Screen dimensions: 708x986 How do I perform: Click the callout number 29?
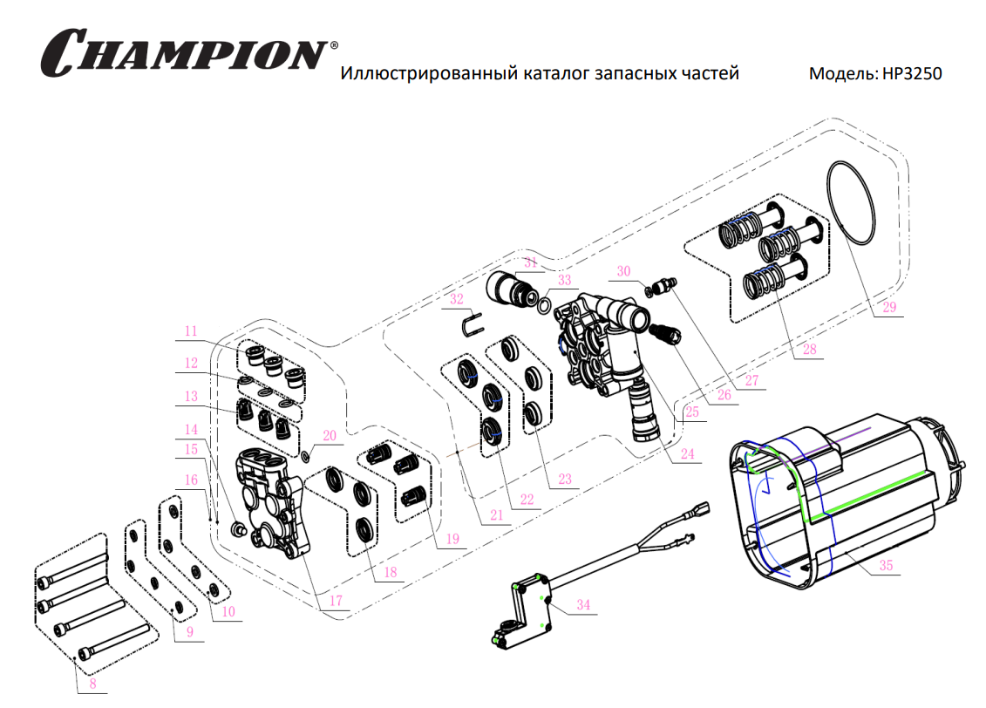coord(888,307)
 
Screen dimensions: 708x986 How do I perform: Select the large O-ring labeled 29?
coord(851,201)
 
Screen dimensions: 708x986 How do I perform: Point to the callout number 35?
coord(886,565)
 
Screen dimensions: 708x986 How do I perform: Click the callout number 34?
coord(583,604)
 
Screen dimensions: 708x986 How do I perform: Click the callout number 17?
coord(336,601)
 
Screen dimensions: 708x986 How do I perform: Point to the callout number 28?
coord(810,350)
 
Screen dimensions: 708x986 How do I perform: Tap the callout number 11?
coord(190,330)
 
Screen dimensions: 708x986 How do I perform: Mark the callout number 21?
coord(496,515)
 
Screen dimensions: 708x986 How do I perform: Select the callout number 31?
coord(531,262)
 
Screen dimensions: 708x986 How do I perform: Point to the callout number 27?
coord(751,380)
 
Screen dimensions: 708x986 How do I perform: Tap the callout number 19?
coord(452,539)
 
